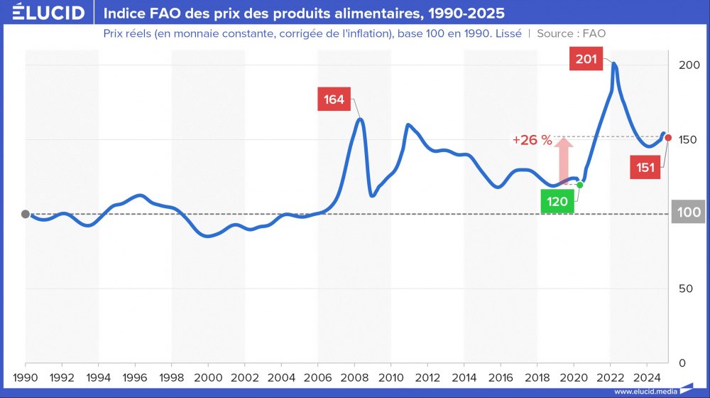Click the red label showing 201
click(x=586, y=59)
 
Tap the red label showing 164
click(x=334, y=99)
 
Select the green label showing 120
click(x=557, y=202)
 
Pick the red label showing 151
click(x=645, y=168)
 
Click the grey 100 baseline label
click(x=688, y=212)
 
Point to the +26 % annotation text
click(x=532, y=140)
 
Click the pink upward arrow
click(x=564, y=159)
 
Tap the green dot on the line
click(x=580, y=185)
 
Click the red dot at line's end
click(x=668, y=137)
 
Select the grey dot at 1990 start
click(x=26, y=214)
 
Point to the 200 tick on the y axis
click(x=685, y=65)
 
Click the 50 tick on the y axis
click(x=685, y=289)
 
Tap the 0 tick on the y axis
click(x=683, y=362)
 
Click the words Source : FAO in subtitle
click(x=571, y=33)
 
